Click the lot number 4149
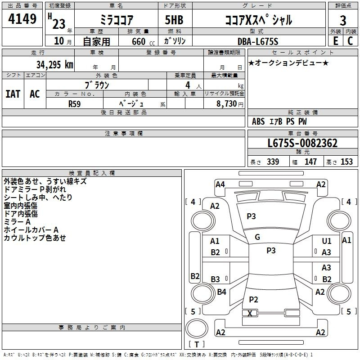(x=22, y=19)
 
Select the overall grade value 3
(x=343, y=21)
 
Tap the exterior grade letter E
(x=336, y=41)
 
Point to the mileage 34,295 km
(x=54, y=65)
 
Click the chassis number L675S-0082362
(x=302, y=143)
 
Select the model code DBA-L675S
(x=258, y=41)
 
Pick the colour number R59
(x=75, y=104)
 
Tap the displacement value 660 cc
(x=143, y=42)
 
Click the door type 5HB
(x=174, y=20)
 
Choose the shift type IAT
(x=13, y=94)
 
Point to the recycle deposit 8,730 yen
(x=229, y=104)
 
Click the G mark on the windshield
(x=257, y=237)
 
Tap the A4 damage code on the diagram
(x=220, y=184)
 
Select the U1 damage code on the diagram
(x=327, y=241)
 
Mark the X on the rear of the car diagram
(x=250, y=313)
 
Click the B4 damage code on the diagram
(x=221, y=292)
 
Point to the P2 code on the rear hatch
(x=253, y=299)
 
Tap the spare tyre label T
(x=197, y=344)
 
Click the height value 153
(x=346, y=162)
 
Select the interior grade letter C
(x=350, y=41)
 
